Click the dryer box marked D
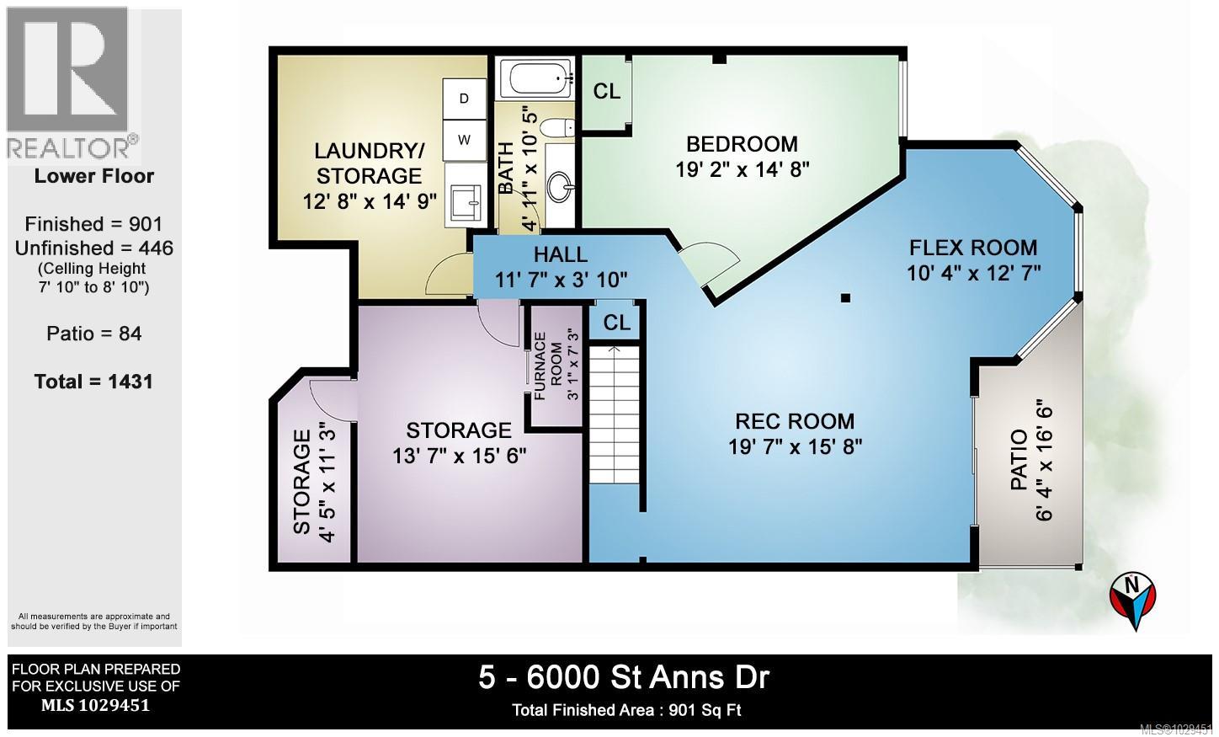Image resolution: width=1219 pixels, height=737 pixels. point(464,99)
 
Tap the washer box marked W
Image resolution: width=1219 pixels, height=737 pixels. point(464,140)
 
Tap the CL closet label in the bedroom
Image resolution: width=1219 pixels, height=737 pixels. point(606,91)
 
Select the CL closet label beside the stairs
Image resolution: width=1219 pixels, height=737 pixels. point(616,323)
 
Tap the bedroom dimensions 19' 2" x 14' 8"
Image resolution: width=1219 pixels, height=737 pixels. point(742,168)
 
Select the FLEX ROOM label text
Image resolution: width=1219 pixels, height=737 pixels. point(972,248)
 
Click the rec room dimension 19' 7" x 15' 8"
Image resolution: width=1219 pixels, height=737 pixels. point(795,446)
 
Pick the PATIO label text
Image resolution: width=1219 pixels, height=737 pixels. point(1018,459)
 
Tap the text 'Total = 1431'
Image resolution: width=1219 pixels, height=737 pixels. point(93,382)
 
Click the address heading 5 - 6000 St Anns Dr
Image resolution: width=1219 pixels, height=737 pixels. point(624,677)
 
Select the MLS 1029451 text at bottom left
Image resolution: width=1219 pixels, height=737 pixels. point(95,706)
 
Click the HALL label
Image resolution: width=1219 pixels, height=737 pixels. point(560,254)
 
